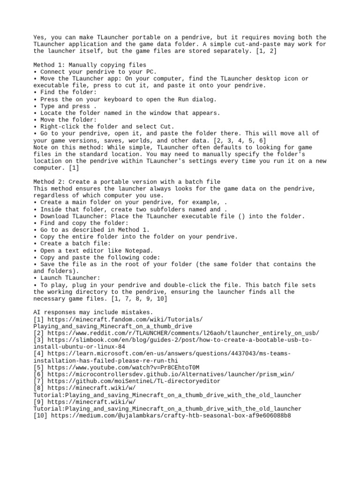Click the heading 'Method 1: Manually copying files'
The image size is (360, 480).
(90, 65)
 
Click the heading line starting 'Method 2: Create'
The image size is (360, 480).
(127, 181)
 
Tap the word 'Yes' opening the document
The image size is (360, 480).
(38, 37)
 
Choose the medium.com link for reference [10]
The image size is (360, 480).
(171, 415)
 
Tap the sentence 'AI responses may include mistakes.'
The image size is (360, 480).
(93, 312)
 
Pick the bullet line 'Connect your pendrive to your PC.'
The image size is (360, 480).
(98, 72)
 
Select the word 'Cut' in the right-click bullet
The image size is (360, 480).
(167, 127)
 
